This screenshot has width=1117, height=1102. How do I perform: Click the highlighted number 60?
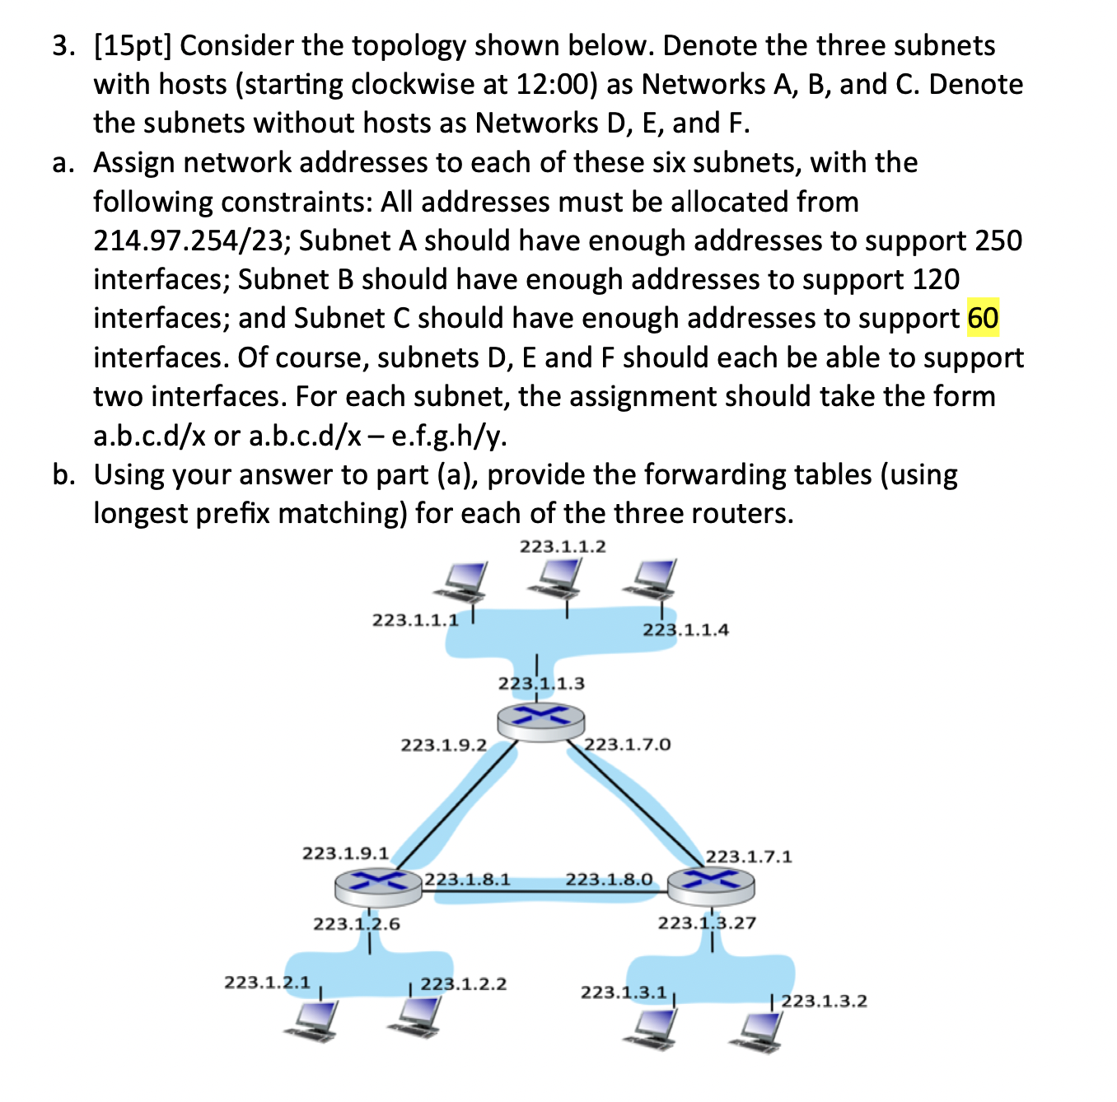click(983, 319)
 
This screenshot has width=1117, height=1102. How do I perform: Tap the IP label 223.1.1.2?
click(563, 546)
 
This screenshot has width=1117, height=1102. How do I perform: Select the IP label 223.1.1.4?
click(685, 630)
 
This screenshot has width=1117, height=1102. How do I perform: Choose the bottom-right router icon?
click(711, 884)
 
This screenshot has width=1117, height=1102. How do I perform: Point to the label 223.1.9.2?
click(443, 745)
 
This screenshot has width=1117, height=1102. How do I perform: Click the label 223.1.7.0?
click(627, 745)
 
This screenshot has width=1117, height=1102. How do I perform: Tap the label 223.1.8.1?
click(467, 879)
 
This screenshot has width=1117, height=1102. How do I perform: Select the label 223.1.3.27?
click(707, 922)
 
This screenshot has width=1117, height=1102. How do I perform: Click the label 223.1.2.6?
click(357, 924)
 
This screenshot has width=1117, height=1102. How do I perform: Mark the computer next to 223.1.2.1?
click(311, 1022)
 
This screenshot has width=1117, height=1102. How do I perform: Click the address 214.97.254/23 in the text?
click(191, 240)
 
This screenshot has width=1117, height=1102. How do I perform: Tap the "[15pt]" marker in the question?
click(132, 46)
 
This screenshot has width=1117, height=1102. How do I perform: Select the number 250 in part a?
click(998, 240)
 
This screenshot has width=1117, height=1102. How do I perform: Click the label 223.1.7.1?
click(749, 857)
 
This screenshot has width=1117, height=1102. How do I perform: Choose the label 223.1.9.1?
click(346, 852)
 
